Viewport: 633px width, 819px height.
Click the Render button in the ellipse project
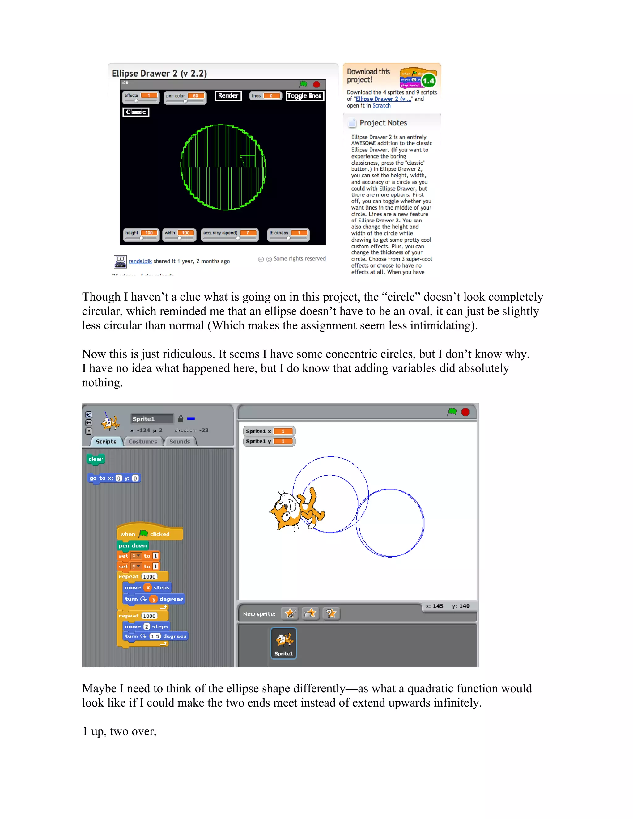tap(228, 95)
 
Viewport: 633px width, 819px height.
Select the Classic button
tap(136, 112)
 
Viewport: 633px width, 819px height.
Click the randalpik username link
tap(140, 261)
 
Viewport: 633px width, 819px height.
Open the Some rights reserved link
tap(299, 258)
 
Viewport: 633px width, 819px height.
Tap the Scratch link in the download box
tap(381, 105)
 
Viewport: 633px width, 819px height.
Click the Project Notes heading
tap(383, 123)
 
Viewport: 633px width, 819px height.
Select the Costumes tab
tap(142, 441)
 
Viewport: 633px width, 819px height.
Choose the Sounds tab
tap(179, 441)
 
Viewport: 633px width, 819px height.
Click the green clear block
tap(95, 459)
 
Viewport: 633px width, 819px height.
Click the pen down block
tap(132, 545)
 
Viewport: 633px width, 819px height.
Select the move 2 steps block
tap(146, 626)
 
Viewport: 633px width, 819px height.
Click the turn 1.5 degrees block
tap(155, 636)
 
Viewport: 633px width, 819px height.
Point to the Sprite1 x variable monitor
tap(269, 431)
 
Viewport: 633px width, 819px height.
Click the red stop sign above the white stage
tap(465, 412)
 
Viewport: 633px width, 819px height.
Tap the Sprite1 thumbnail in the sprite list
tap(283, 643)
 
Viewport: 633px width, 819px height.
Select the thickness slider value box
tap(299, 233)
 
